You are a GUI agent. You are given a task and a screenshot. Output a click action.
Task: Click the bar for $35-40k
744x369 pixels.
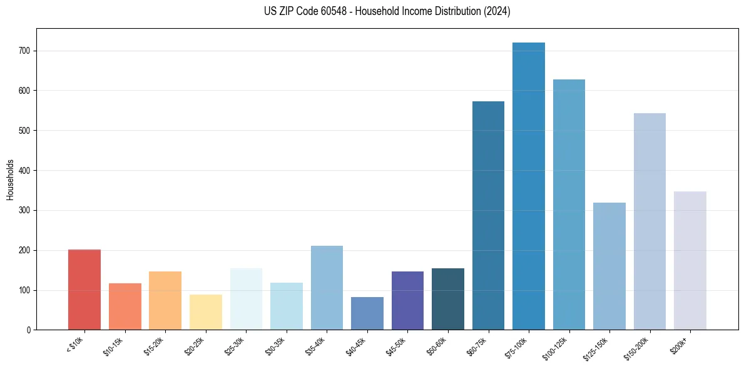tap(327, 288)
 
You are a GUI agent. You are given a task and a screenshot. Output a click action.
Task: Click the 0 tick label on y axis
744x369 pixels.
tap(29, 330)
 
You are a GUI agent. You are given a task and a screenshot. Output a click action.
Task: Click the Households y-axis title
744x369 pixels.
tap(10, 179)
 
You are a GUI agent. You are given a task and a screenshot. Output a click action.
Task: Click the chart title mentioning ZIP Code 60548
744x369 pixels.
tap(387, 11)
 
